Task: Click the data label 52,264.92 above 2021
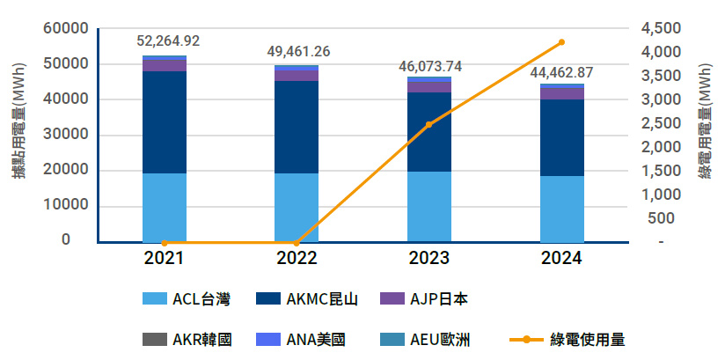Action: pyautogui.click(x=168, y=40)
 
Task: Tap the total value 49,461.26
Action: pyautogui.click(x=298, y=51)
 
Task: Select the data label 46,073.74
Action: pyautogui.click(x=429, y=66)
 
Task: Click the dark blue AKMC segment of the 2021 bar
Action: pyautogui.click(x=165, y=121)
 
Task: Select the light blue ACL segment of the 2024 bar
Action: pyautogui.click(x=561, y=209)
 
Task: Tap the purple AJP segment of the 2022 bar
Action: pyautogui.click(x=297, y=75)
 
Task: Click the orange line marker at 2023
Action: pyautogui.click(x=429, y=124)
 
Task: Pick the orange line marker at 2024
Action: pyautogui.click(x=561, y=42)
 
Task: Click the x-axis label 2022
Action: pyautogui.click(x=297, y=258)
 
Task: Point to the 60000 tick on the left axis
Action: pyautogui.click(x=66, y=29)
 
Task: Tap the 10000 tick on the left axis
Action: pyautogui.click(x=66, y=205)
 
